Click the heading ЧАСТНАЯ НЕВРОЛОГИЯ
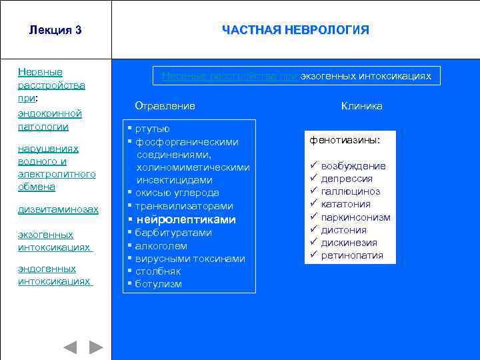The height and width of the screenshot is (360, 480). (x=295, y=30)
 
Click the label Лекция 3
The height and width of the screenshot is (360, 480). (x=55, y=30)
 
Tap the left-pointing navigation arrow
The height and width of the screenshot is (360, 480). (x=70, y=347)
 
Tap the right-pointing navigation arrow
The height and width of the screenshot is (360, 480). (x=97, y=347)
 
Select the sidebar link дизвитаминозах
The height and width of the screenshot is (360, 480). (x=58, y=209)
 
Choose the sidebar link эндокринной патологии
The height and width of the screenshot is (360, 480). (x=50, y=120)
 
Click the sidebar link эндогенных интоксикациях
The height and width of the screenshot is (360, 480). (x=54, y=275)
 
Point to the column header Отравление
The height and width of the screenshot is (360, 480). (x=165, y=106)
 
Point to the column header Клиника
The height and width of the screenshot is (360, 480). (x=361, y=106)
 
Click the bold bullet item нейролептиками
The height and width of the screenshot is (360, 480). (x=186, y=219)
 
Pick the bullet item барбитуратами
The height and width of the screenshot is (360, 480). (x=173, y=233)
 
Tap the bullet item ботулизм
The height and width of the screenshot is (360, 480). (x=158, y=284)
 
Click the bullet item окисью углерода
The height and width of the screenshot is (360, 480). (x=177, y=193)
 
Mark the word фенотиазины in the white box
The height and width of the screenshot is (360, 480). (x=345, y=141)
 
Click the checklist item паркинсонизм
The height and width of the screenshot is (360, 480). (x=355, y=217)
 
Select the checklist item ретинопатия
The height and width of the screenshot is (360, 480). (x=352, y=255)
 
